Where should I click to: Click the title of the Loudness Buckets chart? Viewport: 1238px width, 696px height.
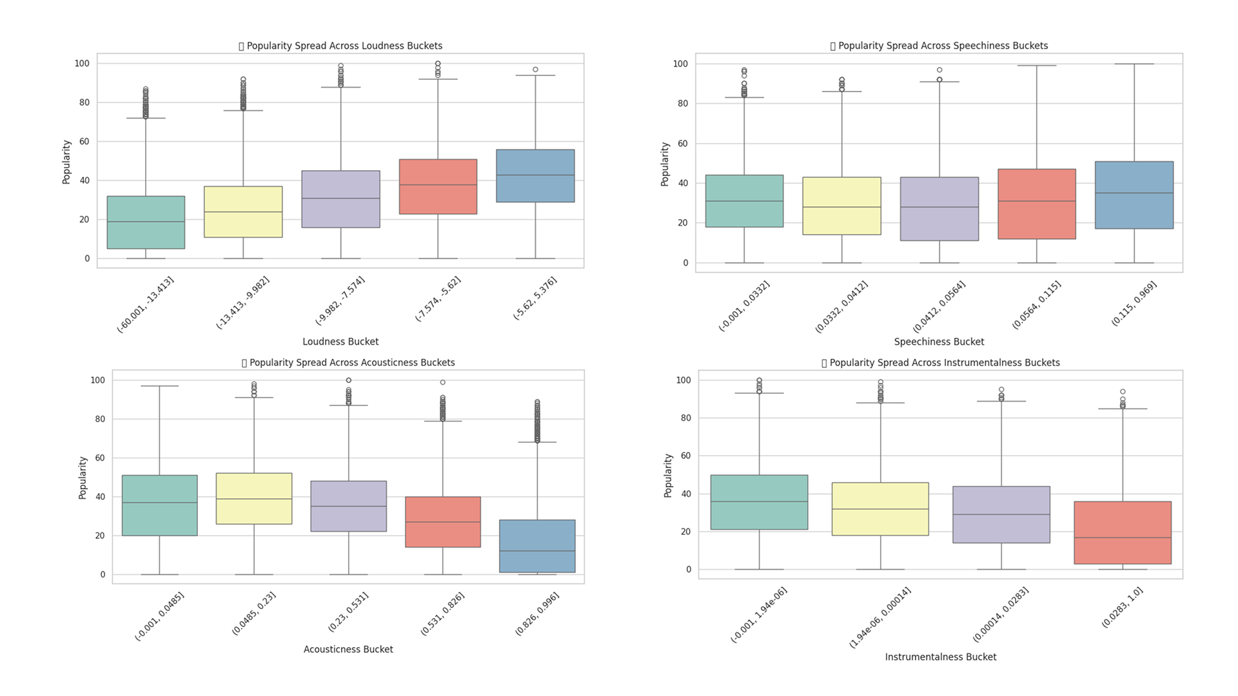340,46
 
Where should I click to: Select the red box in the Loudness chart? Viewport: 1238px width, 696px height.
438,186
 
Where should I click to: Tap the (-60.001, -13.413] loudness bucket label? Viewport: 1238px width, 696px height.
146,304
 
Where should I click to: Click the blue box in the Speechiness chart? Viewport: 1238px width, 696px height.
1134,195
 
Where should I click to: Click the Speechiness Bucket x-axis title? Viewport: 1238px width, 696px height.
939,342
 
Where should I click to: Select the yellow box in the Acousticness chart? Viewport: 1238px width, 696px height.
253,498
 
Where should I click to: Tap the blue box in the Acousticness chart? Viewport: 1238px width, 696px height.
537,546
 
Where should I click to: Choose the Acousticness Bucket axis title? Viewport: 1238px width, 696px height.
348,650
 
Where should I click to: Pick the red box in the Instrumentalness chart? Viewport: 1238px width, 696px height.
1122,532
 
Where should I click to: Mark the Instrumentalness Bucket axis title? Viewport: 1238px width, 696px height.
940,657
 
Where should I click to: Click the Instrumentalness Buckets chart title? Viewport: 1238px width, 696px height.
941,363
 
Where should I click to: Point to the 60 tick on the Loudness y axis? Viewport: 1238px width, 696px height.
84,142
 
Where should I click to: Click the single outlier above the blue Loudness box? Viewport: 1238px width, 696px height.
535,70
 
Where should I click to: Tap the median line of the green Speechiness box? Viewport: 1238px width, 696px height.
744,201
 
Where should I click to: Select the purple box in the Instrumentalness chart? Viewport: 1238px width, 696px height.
1001,514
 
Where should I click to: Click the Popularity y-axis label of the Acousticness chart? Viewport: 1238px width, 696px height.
83,478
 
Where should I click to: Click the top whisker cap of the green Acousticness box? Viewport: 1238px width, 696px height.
159,386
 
